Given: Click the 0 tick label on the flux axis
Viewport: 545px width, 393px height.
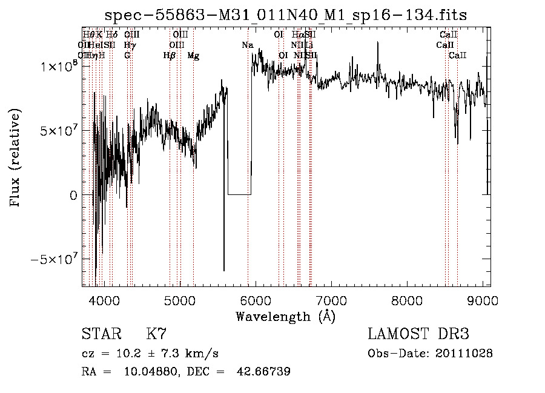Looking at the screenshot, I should [x=73, y=196].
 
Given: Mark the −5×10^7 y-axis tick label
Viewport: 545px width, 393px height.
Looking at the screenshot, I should [x=55, y=260].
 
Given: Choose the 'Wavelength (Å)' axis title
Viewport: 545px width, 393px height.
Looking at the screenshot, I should [x=285, y=316].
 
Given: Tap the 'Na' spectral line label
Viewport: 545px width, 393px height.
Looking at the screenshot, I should [x=247, y=45].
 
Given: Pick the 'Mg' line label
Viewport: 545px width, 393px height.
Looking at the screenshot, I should [x=193, y=56].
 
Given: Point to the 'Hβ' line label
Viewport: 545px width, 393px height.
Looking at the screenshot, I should [x=170, y=56].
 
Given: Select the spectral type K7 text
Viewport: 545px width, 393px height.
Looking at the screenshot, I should [x=156, y=334].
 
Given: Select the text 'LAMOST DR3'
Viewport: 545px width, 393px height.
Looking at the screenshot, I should [x=418, y=334].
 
